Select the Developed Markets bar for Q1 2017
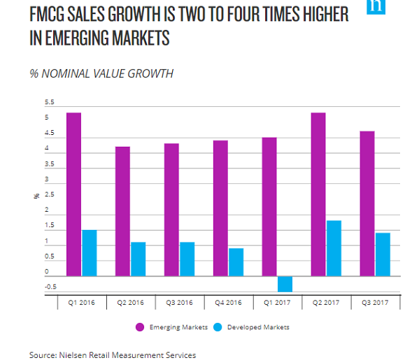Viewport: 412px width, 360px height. point(285,283)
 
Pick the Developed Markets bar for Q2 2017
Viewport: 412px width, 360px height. point(334,248)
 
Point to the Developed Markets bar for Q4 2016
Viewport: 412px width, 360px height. point(236,262)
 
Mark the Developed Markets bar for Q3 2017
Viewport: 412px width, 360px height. point(383,254)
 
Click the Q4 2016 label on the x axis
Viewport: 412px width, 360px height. point(228,303)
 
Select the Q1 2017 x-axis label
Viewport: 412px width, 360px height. point(277,303)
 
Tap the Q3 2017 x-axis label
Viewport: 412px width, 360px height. point(375,303)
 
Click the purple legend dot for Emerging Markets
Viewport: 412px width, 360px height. point(140,327)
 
